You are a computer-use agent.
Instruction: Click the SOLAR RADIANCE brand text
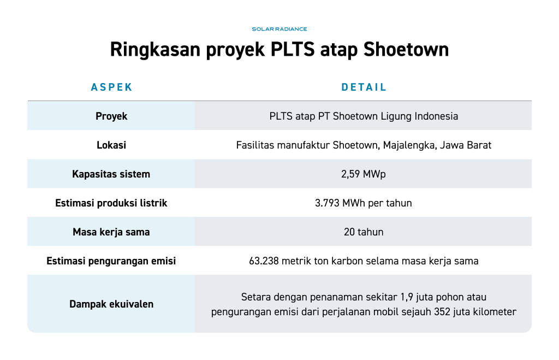pyautogui.click(x=279, y=29)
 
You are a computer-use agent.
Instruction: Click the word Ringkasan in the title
pyautogui.click(x=156, y=50)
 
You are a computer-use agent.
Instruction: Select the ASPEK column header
pyautogui.click(x=111, y=87)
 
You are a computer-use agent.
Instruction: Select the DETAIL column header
pyautogui.click(x=364, y=87)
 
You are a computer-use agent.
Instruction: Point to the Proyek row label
pyautogui.click(x=111, y=116)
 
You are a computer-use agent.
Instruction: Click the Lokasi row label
pyautogui.click(x=111, y=145)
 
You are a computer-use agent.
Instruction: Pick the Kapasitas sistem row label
pyautogui.click(x=111, y=174)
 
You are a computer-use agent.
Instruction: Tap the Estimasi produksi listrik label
pyautogui.click(x=111, y=203)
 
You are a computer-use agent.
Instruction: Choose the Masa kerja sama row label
pyautogui.click(x=111, y=232)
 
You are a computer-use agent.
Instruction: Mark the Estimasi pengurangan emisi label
pyautogui.click(x=111, y=261)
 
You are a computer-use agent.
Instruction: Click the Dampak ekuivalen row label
pyautogui.click(x=111, y=304)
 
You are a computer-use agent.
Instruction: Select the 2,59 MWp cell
pyautogui.click(x=363, y=174)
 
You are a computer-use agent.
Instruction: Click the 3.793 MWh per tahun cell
pyautogui.click(x=363, y=203)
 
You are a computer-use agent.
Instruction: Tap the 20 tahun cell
pyautogui.click(x=364, y=232)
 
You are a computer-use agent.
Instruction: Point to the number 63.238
pyautogui.click(x=264, y=261)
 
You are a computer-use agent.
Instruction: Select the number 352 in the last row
pyautogui.click(x=442, y=312)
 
